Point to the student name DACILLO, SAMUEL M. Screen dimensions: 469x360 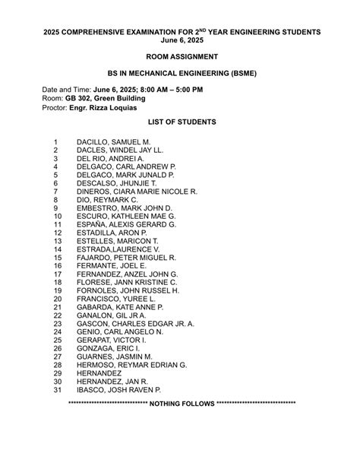click(113, 142)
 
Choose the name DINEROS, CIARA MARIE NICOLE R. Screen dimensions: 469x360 click(137, 192)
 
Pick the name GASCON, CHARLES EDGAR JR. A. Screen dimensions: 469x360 click(135, 324)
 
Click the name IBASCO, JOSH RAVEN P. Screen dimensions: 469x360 click(118, 389)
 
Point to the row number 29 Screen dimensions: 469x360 click(57, 373)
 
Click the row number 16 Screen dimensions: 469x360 click(57, 266)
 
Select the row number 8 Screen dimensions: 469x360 click(55, 200)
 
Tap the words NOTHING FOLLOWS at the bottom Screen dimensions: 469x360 click(182, 403)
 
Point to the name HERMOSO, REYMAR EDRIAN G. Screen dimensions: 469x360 click(131, 365)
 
